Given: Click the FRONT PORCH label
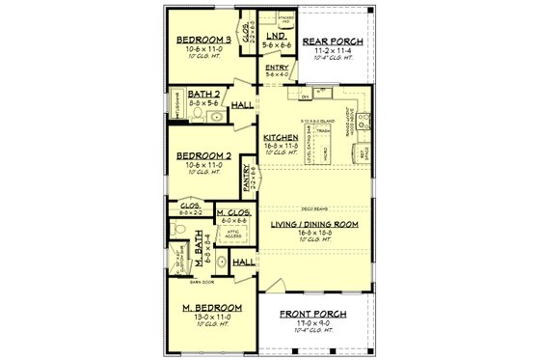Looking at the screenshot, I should point(314,315).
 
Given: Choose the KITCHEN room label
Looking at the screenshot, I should point(283,138).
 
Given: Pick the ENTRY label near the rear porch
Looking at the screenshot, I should point(277,68).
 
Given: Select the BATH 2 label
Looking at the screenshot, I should point(205,94).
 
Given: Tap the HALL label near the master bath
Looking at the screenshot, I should point(244,262).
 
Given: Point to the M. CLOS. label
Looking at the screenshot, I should point(234,211).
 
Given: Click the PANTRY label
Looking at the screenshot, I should point(247,176).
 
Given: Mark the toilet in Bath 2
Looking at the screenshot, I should point(197,115).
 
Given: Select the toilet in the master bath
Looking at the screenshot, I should point(178,229).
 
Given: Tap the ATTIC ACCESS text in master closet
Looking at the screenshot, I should point(234,234).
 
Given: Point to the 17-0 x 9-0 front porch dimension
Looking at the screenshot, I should point(314,324).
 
